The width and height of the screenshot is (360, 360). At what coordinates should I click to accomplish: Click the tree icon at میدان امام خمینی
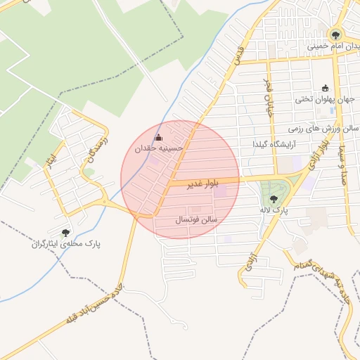(x=335, y=34)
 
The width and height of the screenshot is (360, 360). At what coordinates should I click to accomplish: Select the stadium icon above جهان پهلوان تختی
(x=325, y=89)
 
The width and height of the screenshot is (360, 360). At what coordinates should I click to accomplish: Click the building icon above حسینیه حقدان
(x=158, y=137)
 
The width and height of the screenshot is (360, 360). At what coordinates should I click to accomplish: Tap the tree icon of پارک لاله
(x=273, y=199)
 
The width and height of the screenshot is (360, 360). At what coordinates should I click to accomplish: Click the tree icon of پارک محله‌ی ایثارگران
(x=65, y=233)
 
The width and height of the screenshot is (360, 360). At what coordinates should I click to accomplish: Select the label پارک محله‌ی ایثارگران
(x=65, y=244)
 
